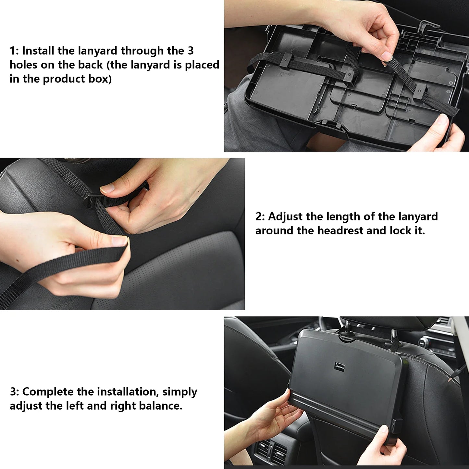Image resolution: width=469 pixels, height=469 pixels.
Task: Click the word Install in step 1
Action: pos(38,51)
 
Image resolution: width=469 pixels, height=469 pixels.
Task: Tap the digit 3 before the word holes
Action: pos(191,51)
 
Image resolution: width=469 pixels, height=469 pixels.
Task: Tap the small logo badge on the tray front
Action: pos(339,366)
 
